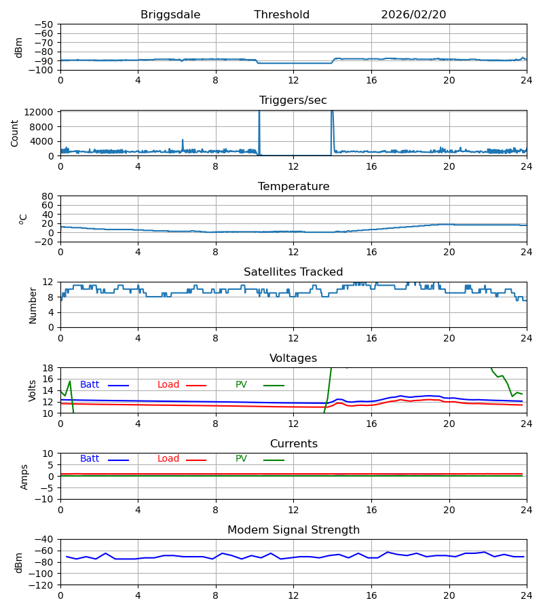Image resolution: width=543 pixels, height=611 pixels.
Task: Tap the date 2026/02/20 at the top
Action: (x=413, y=15)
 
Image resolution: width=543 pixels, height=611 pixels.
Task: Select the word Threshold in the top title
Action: (x=282, y=15)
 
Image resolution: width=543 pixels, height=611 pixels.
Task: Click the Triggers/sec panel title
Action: (x=293, y=100)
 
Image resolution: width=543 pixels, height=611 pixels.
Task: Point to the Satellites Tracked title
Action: (x=293, y=272)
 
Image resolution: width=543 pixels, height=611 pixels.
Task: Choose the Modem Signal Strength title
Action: (x=293, y=530)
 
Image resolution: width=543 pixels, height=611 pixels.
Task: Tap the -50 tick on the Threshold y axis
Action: (x=47, y=24)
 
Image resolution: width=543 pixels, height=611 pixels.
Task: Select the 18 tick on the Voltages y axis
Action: (x=50, y=368)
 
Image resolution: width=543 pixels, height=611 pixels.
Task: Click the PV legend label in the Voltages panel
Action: (x=241, y=385)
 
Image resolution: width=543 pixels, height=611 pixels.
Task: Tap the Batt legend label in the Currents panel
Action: (x=90, y=459)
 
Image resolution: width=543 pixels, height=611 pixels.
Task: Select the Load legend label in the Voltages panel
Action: (x=168, y=385)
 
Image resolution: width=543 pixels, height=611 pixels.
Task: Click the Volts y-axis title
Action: (x=33, y=390)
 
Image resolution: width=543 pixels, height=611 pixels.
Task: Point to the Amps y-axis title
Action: (x=24, y=477)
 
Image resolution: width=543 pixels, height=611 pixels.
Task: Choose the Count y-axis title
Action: (x=15, y=133)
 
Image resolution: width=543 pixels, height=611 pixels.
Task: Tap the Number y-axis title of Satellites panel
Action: (x=33, y=305)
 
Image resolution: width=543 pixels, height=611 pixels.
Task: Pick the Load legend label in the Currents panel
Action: (x=168, y=459)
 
